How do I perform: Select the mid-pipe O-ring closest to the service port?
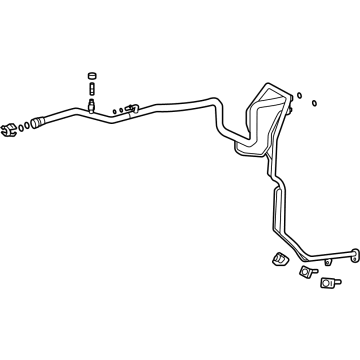click(114, 111)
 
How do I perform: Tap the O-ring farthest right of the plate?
click(315, 102)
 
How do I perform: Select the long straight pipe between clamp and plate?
click(180, 102)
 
